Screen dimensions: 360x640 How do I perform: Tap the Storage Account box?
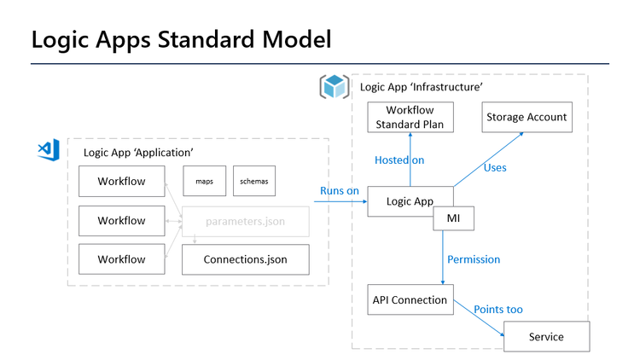click(526, 118)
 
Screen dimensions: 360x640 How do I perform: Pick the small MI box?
click(453, 219)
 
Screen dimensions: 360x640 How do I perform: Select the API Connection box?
click(410, 299)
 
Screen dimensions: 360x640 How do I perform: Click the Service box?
click(546, 336)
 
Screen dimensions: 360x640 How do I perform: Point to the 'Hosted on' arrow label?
click(399, 160)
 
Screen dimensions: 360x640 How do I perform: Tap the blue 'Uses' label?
click(495, 167)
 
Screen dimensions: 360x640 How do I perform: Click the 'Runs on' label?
click(340, 190)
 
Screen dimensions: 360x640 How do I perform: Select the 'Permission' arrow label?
click(474, 258)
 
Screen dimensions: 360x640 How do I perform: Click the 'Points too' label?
click(498, 309)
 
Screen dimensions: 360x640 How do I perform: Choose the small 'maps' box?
click(204, 181)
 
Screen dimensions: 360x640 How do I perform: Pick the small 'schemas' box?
click(254, 181)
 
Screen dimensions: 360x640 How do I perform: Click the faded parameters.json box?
click(245, 221)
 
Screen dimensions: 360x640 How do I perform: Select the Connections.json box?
click(245, 259)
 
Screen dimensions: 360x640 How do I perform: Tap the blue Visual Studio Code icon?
click(47, 149)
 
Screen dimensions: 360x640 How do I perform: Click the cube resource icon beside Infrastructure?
click(335, 86)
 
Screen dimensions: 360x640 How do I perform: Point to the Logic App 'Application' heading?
click(138, 153)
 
